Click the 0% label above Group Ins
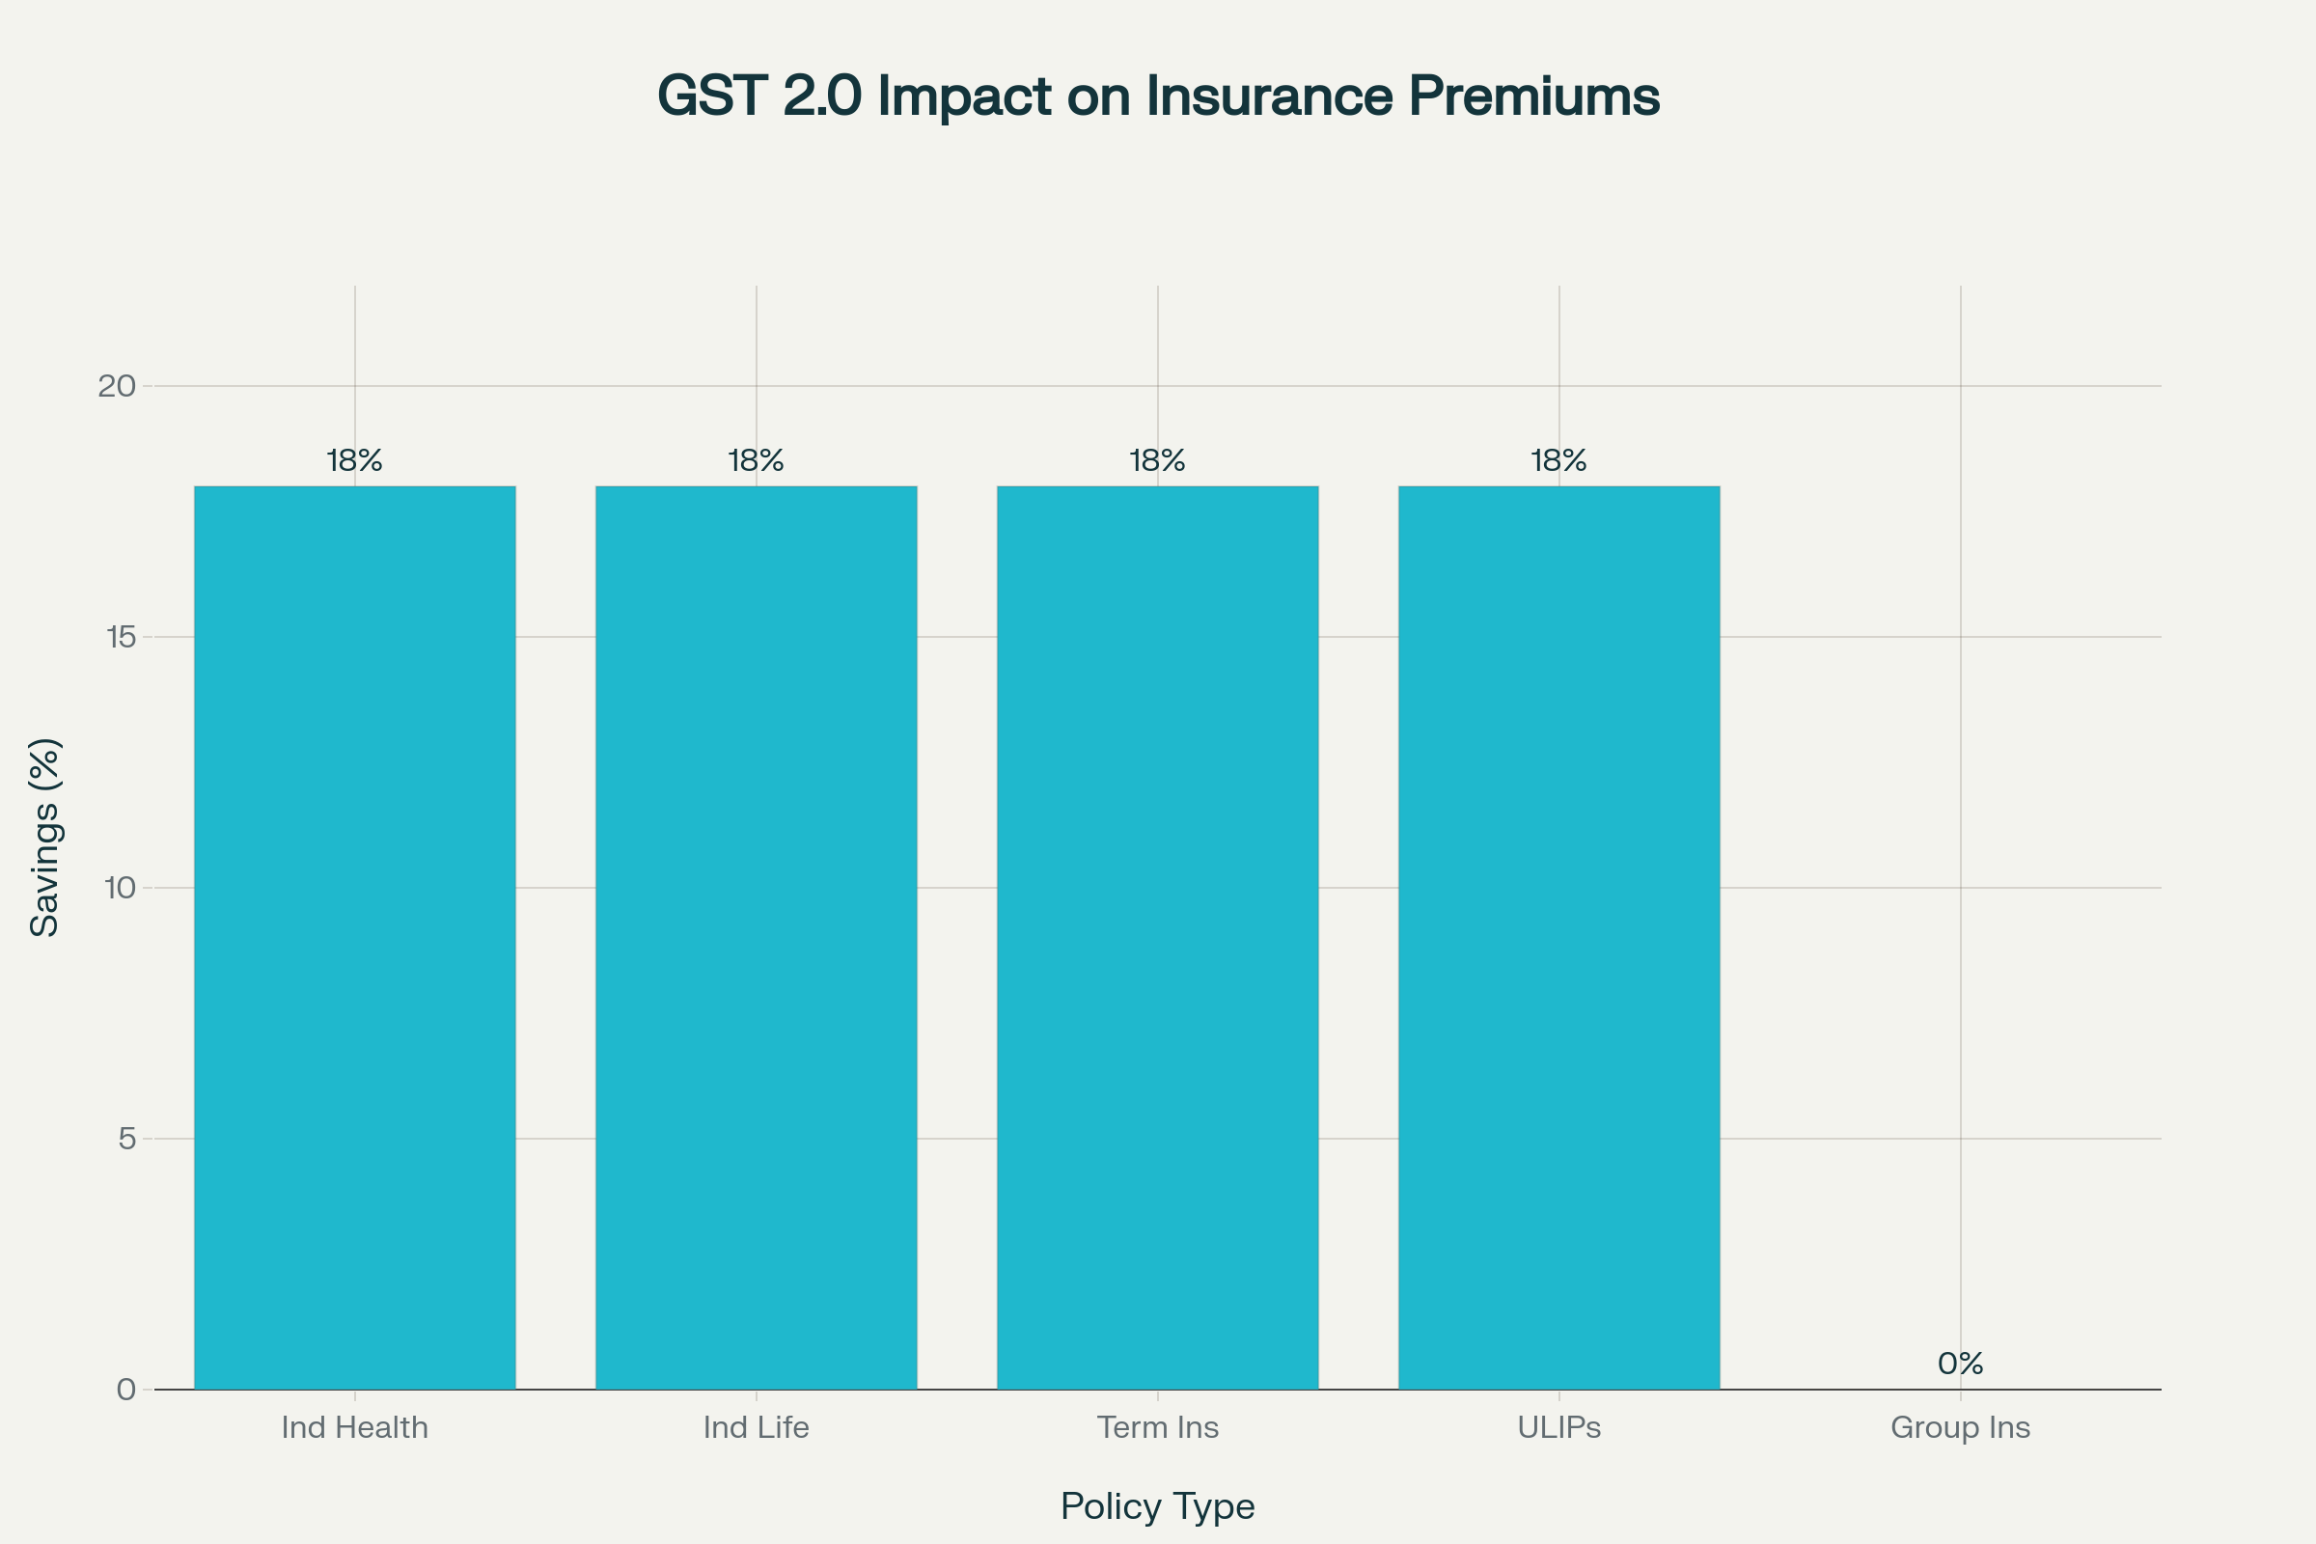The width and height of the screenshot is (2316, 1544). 1960,1364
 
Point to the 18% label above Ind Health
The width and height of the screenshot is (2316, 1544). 354,461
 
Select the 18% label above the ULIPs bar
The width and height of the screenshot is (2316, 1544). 1558,461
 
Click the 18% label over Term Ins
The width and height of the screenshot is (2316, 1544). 1157,461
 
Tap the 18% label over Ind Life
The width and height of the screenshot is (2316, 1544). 757,461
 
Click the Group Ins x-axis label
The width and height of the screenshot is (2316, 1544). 1960,1428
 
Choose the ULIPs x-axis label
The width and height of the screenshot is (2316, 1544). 1558,1428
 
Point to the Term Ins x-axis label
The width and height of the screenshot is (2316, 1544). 1157,1428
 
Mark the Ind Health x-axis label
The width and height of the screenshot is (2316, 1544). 354,1428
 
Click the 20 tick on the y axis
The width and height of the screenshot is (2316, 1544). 116,386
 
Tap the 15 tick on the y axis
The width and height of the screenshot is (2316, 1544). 119,637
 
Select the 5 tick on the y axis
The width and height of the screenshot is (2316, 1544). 126,1140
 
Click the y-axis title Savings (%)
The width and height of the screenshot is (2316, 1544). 45,837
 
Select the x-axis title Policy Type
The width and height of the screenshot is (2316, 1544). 1157,1506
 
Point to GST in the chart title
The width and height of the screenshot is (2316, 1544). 712,96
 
